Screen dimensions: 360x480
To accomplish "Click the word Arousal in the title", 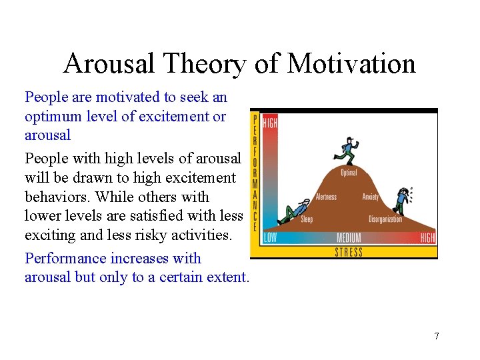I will (x=109, y=64).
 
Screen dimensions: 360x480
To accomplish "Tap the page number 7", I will (x=437, y=336).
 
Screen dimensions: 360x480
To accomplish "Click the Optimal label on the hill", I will (x=349, y=173).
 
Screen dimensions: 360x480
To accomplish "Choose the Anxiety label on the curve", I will (x=371, y=197).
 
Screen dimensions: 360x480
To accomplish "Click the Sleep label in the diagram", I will (x=307, y=219).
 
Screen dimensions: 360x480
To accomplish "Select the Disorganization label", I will (x=385, y=219).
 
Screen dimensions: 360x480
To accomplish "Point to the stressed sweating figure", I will (x=402, y=201).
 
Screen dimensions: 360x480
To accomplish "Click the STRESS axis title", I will (x=349, y=252).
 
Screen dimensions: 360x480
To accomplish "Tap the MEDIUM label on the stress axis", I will (x=349, y=238).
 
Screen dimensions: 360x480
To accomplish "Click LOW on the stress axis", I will (x=270, y=238).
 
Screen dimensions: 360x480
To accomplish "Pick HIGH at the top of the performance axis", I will (x=270, y=123).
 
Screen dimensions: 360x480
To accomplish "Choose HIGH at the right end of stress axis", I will (x=427, y=238).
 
